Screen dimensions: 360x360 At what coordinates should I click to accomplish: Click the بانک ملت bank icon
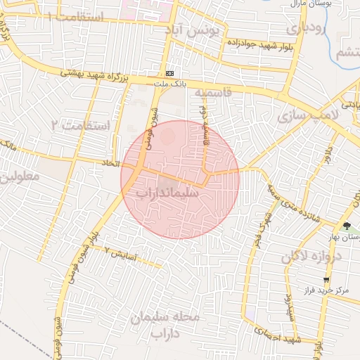170,73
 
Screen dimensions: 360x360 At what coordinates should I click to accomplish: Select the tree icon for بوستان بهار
347,226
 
